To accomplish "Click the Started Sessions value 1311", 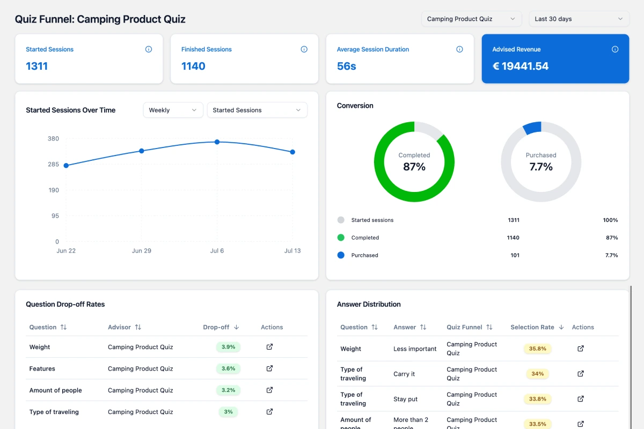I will [37, 66].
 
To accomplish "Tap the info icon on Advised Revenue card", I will [615, 49].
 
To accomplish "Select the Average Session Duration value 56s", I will [346, 66].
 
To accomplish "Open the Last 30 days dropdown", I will [579, 19].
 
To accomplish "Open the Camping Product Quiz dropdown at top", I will [471, 19].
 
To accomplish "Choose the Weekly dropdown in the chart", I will [173, 110].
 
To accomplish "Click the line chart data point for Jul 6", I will [217, 142].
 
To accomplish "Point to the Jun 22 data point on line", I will [66, 166].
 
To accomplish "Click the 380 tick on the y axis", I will [53, 138].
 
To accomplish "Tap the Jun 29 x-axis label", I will [141, 251].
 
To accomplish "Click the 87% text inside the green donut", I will [414, 167].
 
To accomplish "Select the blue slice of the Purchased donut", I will [532, 128].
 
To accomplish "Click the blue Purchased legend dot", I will [341, 255].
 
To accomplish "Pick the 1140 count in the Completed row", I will [514, 238].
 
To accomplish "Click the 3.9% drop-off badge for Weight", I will [228, 347].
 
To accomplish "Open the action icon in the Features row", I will [269, 368].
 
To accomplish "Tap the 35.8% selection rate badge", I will [537, 349].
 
